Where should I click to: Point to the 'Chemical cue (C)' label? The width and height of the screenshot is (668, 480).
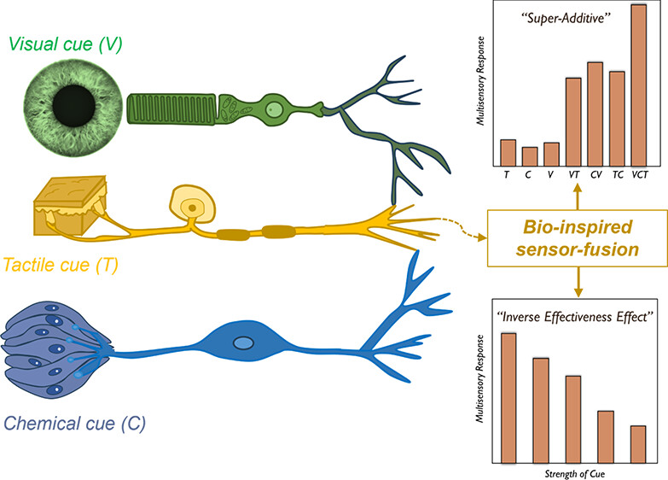pyautogui.click(x=76, y=422)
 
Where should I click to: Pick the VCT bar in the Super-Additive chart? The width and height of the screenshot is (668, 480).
pyautogui.click(x=639, y=85)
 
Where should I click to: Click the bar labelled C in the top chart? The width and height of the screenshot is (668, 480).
pyautogui.click(x=530, y=156)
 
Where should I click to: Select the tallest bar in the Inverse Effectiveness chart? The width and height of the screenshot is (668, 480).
pyautogui.click(x=509, y=398)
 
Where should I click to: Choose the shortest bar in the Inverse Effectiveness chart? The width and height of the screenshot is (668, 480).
pyautogui.click(x=639, y=444)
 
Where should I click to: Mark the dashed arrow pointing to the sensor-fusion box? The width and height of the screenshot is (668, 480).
pyautogui.click(x=458, y=230)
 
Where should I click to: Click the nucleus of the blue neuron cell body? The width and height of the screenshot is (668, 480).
pyautogui.click(x=244, y=343)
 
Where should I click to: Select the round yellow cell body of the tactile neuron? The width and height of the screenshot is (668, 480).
pyautogui.click(x=194, y=206)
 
